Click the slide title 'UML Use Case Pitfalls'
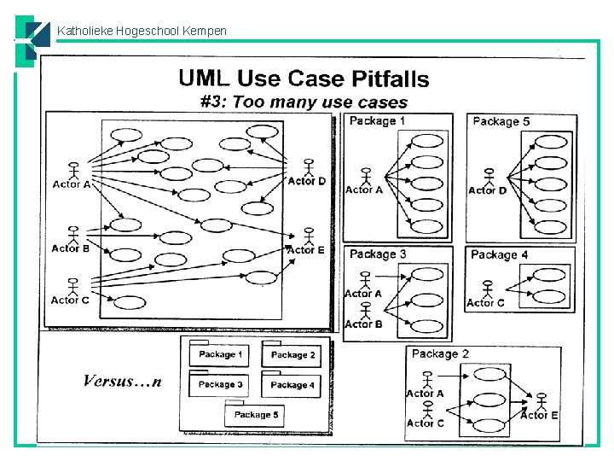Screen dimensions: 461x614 click(304, 79)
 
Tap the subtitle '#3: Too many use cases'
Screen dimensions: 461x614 click(304, 102)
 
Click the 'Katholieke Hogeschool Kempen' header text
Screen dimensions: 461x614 click(142, 32)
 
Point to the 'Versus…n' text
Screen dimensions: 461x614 click(122, 382)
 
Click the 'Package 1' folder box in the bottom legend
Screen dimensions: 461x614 click(220, 355)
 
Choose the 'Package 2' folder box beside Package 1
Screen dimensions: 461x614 click(293, 355)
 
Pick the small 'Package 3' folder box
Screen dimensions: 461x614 click(220, 385)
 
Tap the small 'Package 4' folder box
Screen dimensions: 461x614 click(293, 385)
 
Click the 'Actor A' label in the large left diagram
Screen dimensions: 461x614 click(72, 184)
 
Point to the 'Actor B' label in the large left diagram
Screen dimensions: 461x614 click(70, 248)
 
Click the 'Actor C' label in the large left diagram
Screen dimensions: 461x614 click(70, 300)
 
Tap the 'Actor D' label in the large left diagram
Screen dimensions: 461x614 click(306, 181)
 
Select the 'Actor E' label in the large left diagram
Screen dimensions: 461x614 click(306, 250)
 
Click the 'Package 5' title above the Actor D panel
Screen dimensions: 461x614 click(501, 121)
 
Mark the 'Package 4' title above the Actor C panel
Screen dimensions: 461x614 click(499, 254)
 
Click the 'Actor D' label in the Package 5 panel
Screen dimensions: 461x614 click(487, 190)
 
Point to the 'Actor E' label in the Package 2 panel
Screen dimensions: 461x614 click(539, 415)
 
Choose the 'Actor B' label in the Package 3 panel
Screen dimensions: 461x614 click(363, 324)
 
